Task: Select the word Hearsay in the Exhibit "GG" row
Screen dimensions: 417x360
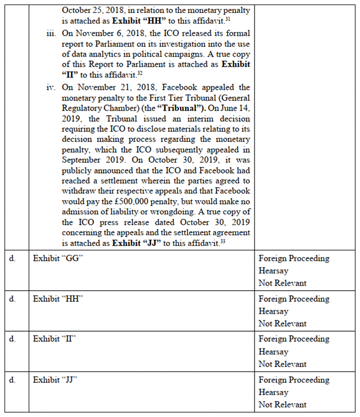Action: pyautogui.click(x=273, y=271)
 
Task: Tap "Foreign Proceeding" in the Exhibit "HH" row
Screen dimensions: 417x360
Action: pyautogui.click(x=294, y=299)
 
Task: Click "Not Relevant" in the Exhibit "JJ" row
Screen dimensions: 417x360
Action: pyautogui.click(x=283, y=405)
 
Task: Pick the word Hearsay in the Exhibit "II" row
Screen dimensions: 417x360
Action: pyautogui.click(x=273, y=352)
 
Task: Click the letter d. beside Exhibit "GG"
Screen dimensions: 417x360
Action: pyautogui.click(x=13, y=259)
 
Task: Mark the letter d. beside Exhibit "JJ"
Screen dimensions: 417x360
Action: pyautogui.click(x=13, y=380)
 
